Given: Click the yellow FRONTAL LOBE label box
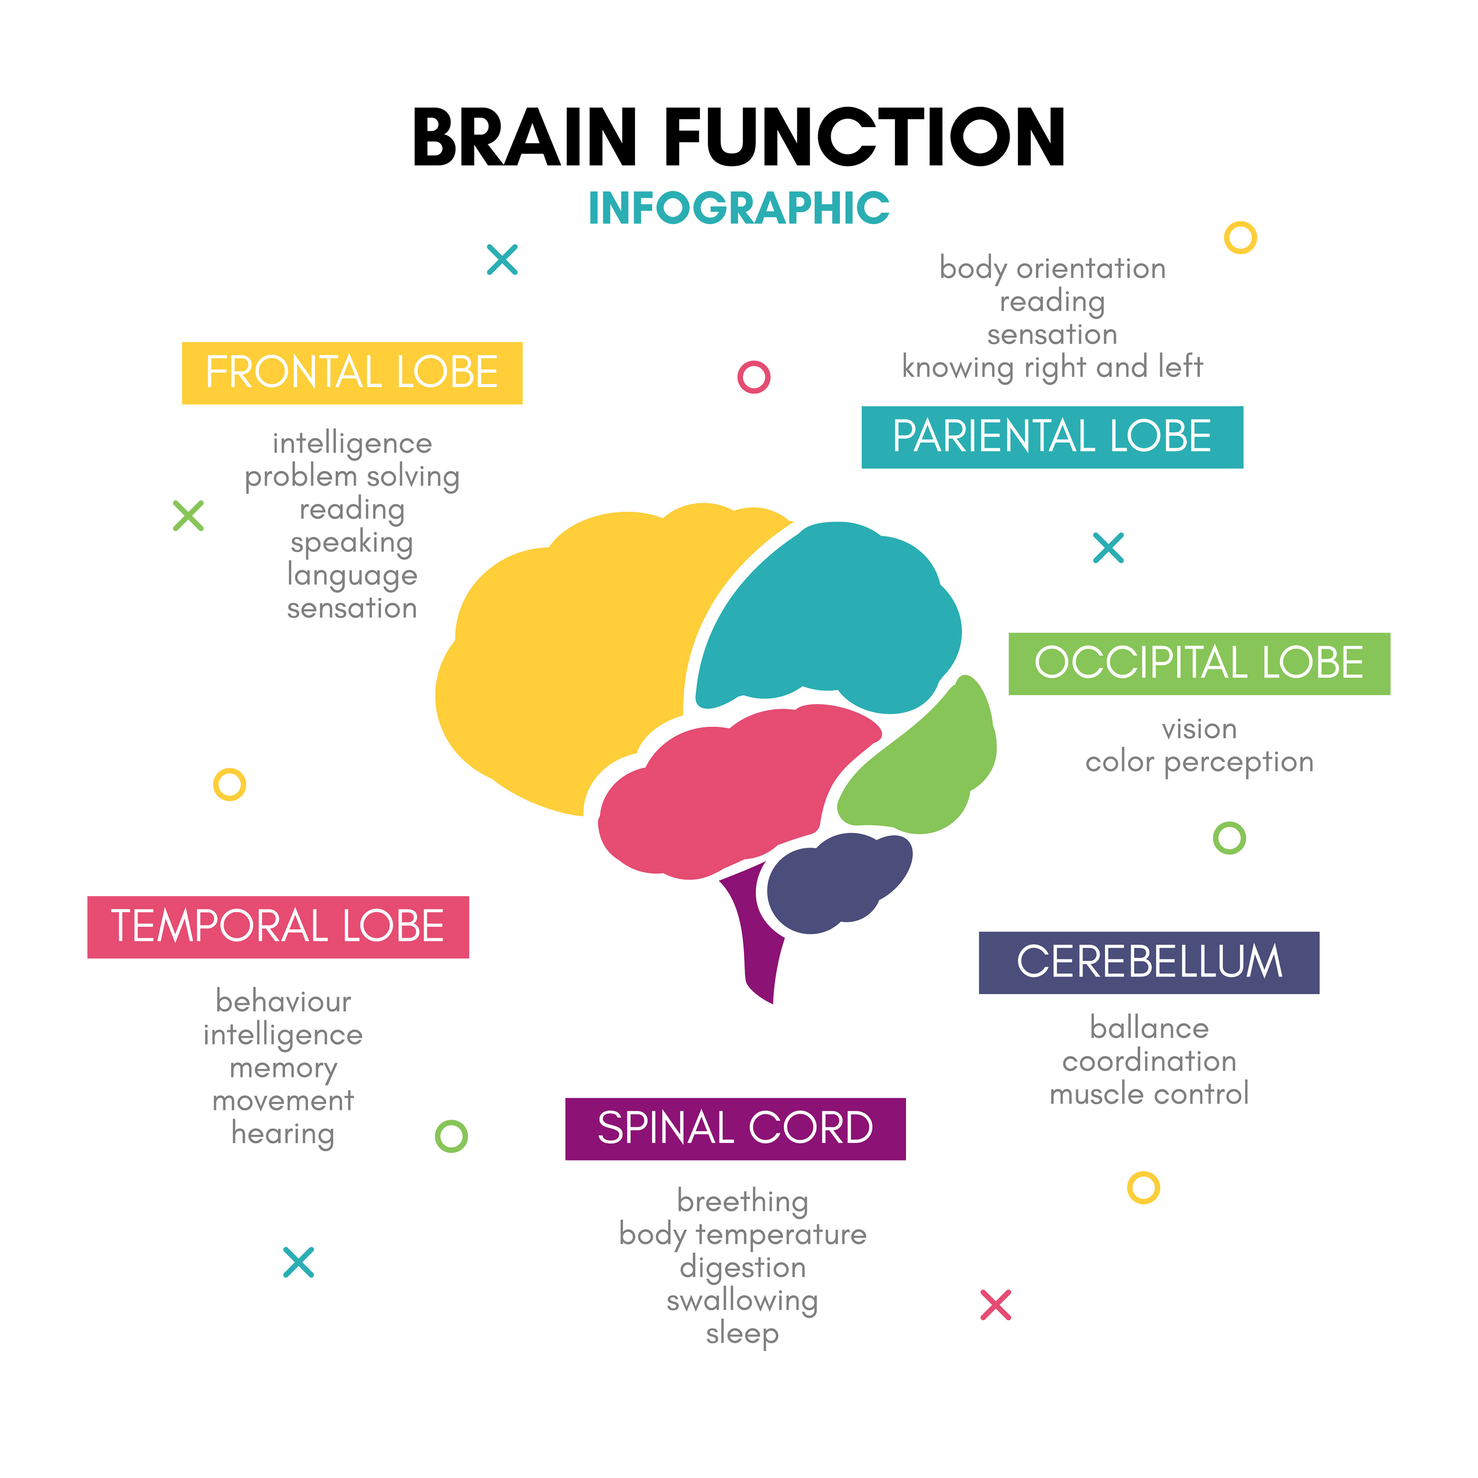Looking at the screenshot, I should [352, 373].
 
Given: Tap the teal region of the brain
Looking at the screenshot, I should [826, 620].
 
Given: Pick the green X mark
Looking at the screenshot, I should [188, 516].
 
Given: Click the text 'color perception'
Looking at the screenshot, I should [1199, 762].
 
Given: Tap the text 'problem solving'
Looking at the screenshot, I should [352, 477].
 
